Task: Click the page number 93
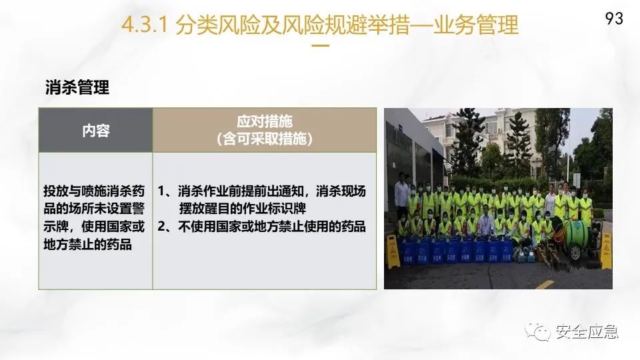tap(614, 19)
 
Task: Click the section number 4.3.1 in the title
tap(145, 25)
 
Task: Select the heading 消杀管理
tap(77, 87)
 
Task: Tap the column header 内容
tap(96, 131)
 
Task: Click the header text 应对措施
tap(265, 121)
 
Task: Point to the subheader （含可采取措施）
tap(265, 139)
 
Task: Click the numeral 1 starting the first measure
tap(161, 191)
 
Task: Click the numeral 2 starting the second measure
tap(161, 227)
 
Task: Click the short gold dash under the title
tap(321, 46)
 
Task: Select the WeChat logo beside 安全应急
tap(538, 331)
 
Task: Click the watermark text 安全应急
tap(587, 331)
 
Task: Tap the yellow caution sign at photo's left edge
tap(393, 252)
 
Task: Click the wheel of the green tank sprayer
tap(575, 253)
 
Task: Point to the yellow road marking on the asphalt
tap(545, 284)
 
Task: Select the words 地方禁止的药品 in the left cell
tap(87, 245)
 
